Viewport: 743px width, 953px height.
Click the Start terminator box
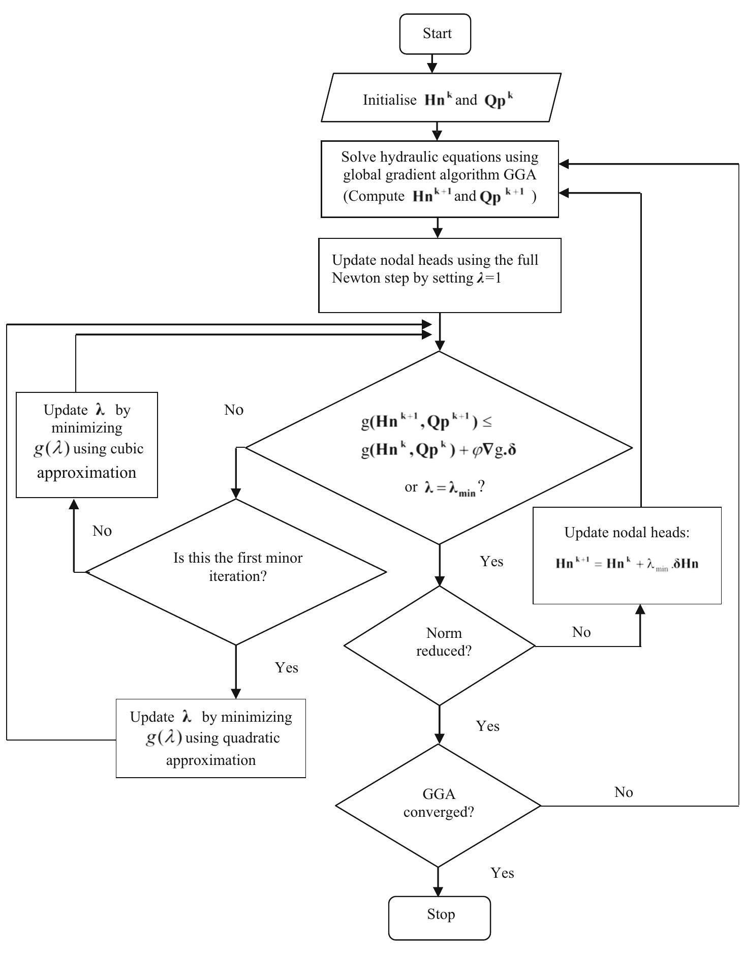point(435,34)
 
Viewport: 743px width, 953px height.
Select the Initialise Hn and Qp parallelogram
point(440,98)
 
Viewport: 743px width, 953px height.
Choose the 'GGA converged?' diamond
point(438,805)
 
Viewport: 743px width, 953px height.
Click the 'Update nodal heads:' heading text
point(627,533)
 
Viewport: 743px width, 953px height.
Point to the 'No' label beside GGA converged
point(624,792)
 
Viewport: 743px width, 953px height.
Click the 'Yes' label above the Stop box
point(502,873)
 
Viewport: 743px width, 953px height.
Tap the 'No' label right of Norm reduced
point(581,632)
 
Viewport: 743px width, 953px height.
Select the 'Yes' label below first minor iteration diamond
point(286,667)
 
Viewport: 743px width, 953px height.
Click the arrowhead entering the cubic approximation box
point(74,504)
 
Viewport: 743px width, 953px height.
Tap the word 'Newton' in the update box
point(354,279)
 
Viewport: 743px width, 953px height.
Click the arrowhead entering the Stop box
point(438,891)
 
